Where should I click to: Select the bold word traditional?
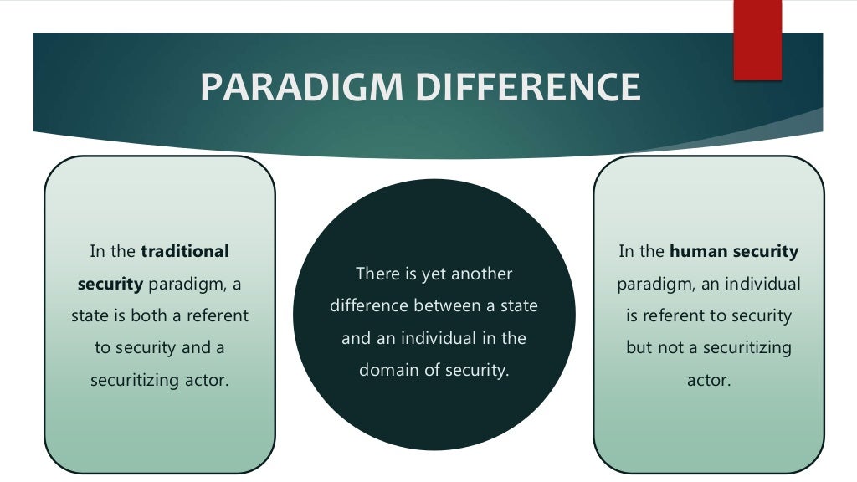pyautogui.click(x=185, y=251)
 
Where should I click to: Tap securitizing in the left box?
pyautogui.click(x=132, y=380)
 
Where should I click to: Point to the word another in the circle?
pyautogui.click(x=483, y=274)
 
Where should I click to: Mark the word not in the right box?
pyautogui.click(x=670, y=347)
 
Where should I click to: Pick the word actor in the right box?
pyautogui.click(x=708, y=380)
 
